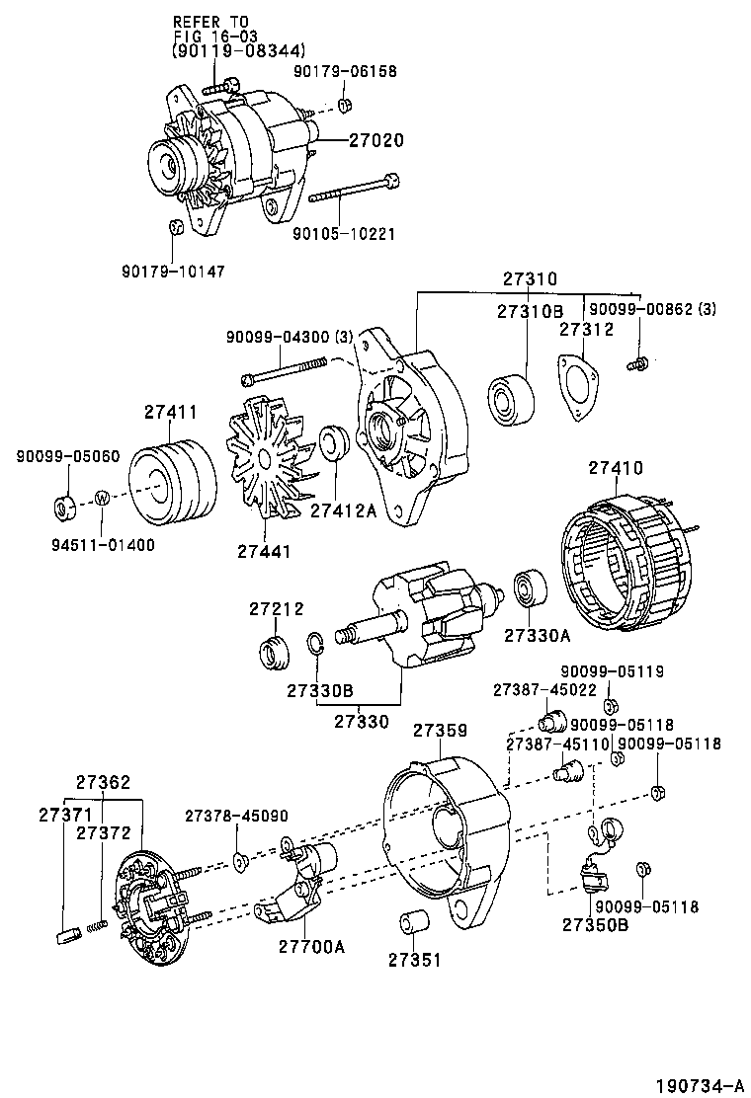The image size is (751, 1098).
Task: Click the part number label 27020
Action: click(375, 141)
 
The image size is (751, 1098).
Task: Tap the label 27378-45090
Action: click(236, 816)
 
